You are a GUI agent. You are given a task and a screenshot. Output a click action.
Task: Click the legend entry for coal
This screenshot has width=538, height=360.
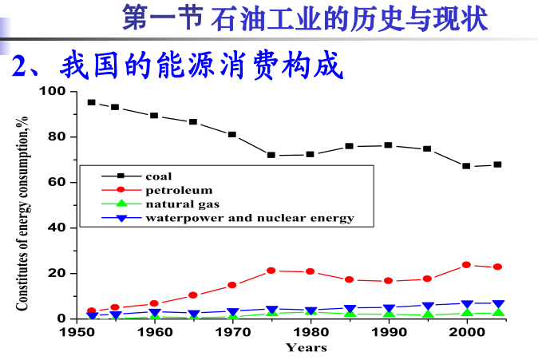click(x=158, y=176)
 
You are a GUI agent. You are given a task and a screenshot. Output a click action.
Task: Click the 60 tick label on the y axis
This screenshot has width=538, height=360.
click(x=57, y=182)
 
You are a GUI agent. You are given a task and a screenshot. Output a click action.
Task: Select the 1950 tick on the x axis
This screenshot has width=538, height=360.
click(x=77, y=332)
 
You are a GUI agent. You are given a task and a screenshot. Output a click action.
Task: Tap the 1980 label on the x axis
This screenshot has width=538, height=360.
click(x=311, y=332)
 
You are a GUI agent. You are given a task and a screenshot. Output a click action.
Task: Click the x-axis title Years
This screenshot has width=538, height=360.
click(x=307, y=347)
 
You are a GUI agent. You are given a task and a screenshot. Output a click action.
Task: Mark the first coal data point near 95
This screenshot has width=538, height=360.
click(x=92, y=102)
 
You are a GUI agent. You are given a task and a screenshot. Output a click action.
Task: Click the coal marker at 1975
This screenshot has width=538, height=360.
click(x=271, y=155)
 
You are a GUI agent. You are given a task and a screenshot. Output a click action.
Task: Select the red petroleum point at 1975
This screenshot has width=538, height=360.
click(x=271, y=271)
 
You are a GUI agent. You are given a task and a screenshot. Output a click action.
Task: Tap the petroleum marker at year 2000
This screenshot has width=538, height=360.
click(x=467, y=265)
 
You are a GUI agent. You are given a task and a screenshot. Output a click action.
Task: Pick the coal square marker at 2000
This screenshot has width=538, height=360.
click(x=467, y=166)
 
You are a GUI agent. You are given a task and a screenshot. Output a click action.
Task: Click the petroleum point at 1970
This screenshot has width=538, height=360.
click(x=232, y=285)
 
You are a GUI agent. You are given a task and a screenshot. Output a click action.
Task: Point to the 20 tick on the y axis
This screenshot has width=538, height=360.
click(x=57, y=273)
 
